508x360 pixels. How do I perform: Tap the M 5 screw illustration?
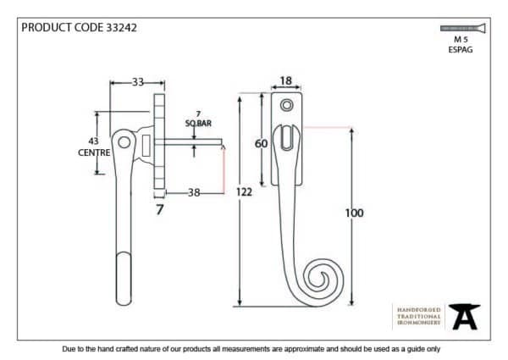click(461, 28)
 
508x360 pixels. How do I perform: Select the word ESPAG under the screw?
click(461, 50)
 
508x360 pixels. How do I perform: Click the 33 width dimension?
click(137, 83)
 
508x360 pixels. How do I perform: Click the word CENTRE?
click(93, 153)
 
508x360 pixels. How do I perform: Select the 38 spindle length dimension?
click(194, 192)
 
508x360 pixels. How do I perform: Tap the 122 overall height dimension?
click(244, 192)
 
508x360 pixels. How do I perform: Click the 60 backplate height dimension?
click(261, 144)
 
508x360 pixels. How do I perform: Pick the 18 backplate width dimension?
click(285, 82)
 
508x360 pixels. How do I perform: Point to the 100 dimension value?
click(354, 213)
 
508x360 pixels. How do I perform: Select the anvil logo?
click(463, 316)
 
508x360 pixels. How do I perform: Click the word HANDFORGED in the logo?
click(418, 309)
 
